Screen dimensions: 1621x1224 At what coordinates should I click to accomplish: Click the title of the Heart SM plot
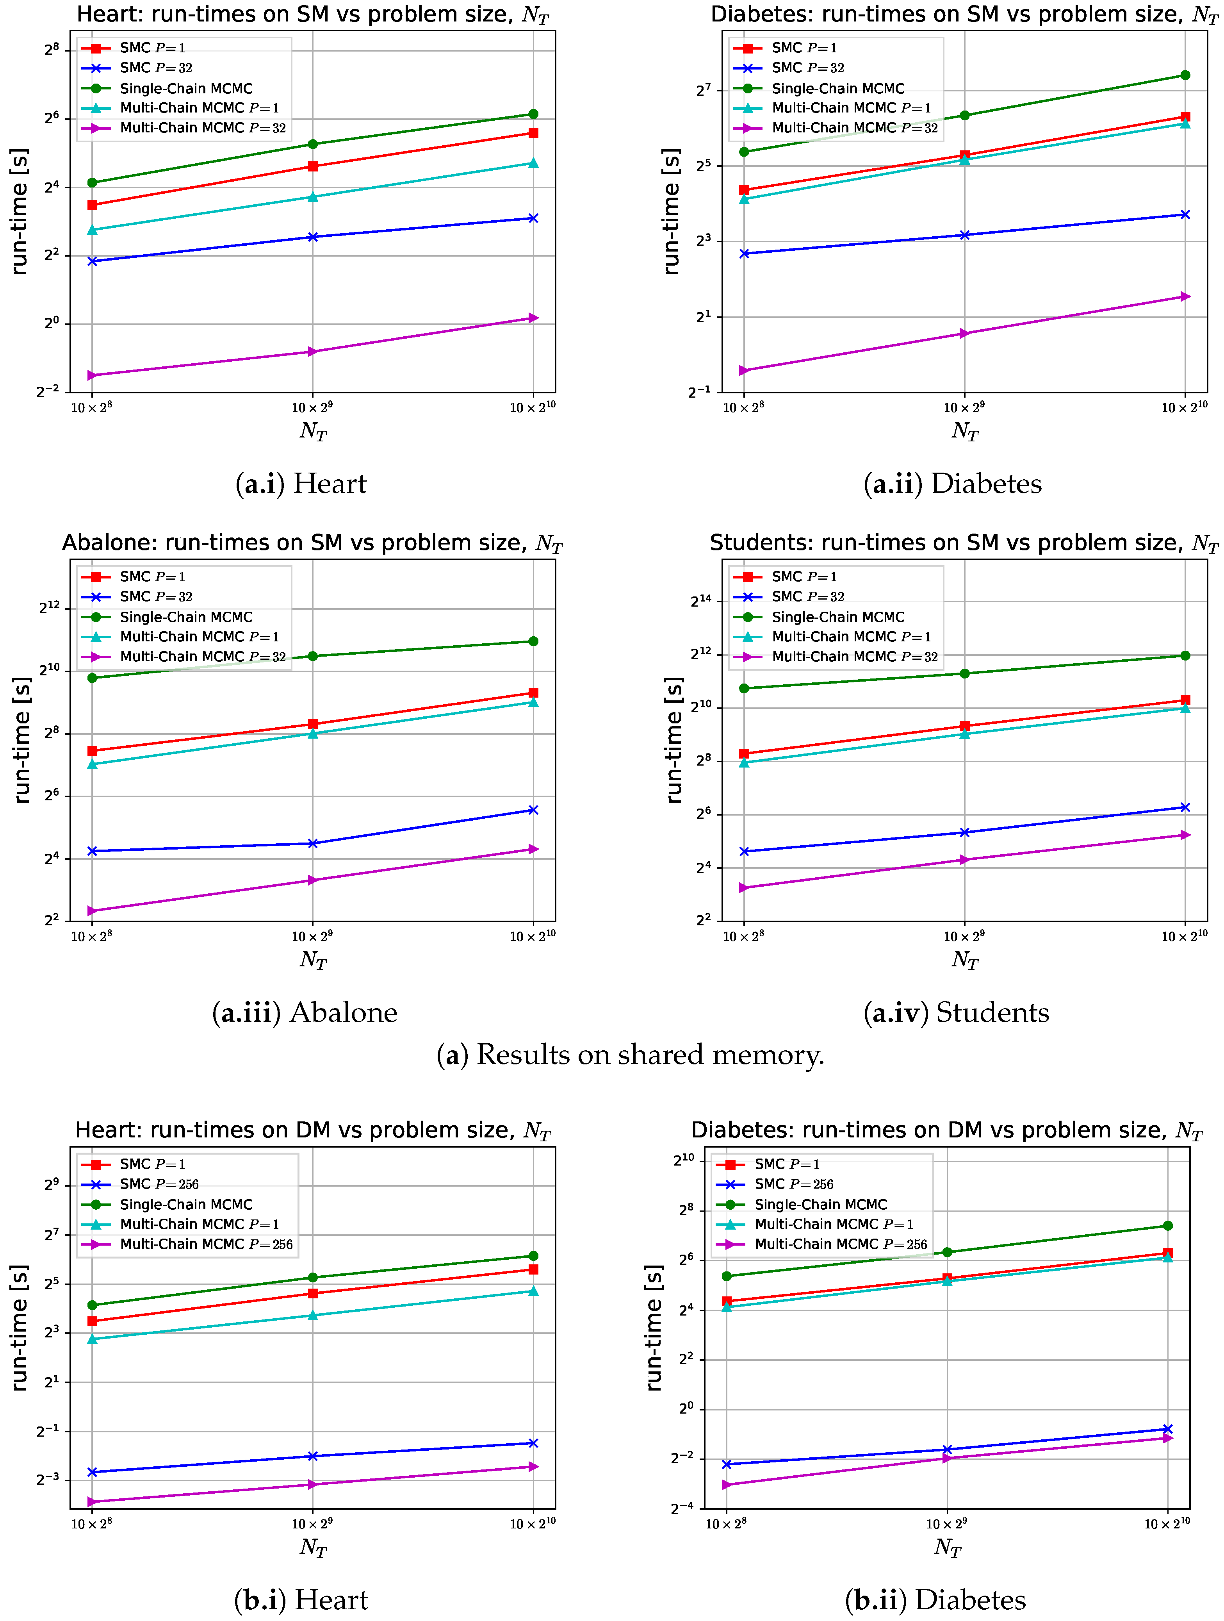(312, 15)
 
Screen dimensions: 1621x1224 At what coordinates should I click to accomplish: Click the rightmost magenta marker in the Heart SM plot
(533, 318)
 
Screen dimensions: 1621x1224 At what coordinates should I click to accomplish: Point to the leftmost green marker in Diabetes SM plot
(744, 152)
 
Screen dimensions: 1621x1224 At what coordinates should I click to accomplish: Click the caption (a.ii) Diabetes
(952, 484)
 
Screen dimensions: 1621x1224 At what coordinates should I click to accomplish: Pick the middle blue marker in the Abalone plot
(313, 843)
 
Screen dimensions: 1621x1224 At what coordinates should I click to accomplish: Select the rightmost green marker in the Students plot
(1185, 655)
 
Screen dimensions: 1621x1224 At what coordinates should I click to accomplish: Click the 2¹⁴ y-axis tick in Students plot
(701, 601)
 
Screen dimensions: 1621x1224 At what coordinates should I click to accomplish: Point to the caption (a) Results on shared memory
(630, 1055)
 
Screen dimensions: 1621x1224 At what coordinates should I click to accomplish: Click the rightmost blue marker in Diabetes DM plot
(1168, 1429)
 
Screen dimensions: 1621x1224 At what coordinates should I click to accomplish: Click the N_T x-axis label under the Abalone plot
(313, 959)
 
